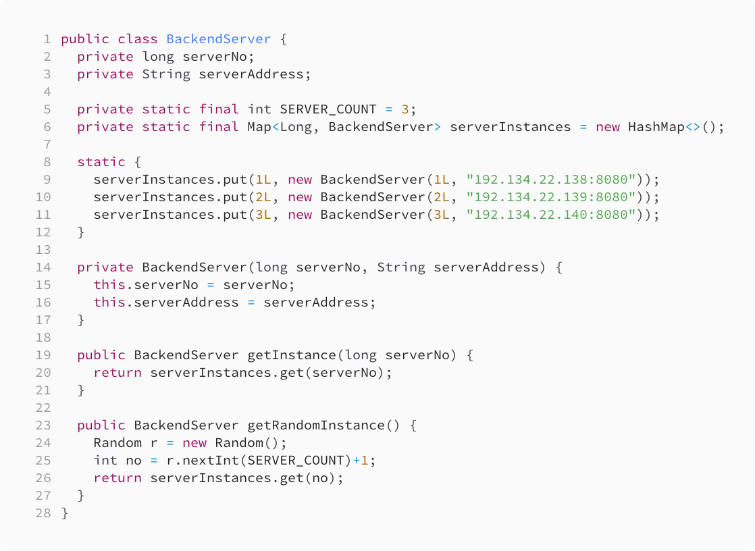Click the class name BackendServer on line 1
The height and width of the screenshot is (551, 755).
[219, 39]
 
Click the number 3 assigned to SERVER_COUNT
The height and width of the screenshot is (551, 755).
[405, 109]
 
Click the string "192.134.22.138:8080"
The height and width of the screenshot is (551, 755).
[556, 180]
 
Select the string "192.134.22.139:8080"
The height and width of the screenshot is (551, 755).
[556, 197]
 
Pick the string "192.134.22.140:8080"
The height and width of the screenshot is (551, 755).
[556, 215]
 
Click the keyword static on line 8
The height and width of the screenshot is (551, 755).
[101, 162]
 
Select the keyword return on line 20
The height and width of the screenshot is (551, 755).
[118, 373]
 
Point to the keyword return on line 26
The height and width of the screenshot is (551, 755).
[118, 478]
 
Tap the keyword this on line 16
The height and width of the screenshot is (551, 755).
[109, 303]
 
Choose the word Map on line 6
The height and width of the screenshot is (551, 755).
[259, 127]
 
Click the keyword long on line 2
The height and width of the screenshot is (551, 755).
[158, 57]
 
